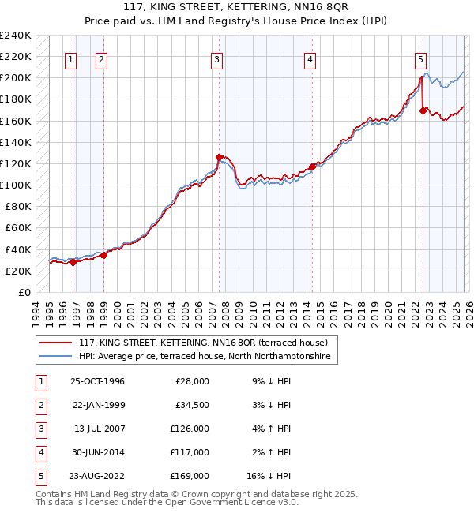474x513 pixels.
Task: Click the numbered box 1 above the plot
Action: [71, 58]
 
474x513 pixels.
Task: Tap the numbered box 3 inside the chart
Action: [216, 58]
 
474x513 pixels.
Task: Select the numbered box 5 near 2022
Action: [420, 58]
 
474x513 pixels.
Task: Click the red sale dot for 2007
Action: [219, 157]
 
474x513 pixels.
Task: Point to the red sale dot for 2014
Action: [312, 167]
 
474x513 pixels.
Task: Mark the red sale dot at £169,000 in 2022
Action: [423, 111]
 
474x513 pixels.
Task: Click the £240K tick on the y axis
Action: [16, 36]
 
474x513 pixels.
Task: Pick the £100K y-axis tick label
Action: [16, 185]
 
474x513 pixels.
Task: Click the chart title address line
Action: [237, 9]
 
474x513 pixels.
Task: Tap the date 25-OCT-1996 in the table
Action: [97, 381]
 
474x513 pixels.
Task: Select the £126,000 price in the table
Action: [190, 429]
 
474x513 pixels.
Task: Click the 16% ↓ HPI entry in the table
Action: [268, 476]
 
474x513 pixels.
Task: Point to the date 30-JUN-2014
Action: [97, 452]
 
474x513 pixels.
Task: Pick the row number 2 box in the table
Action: [39, 405]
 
